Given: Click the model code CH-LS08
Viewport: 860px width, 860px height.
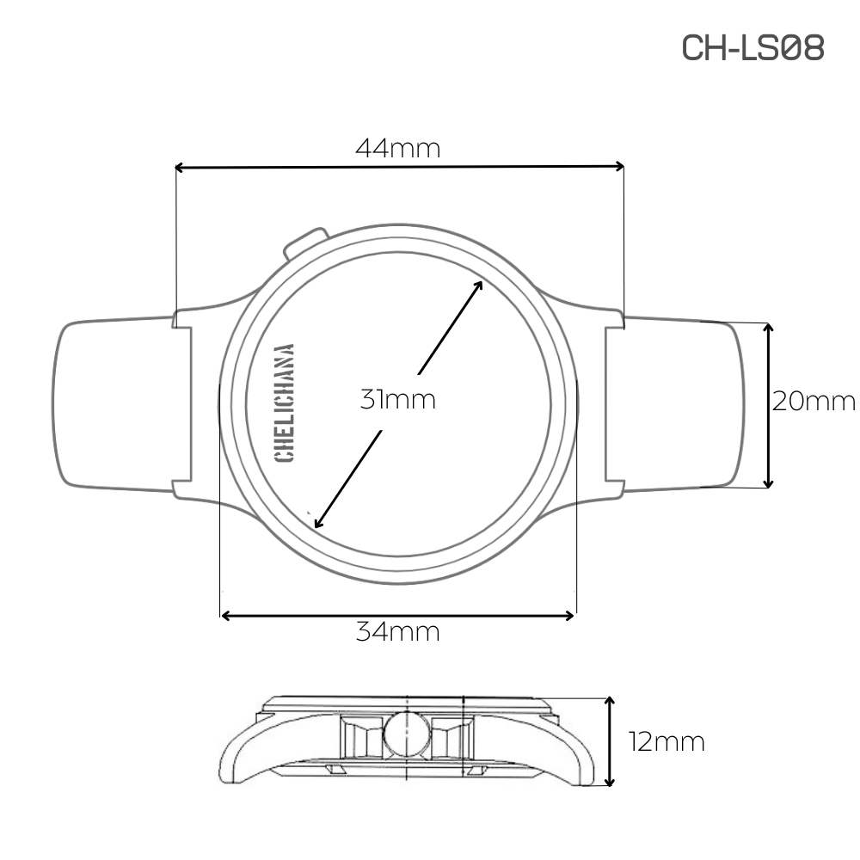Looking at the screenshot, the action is [752, 47].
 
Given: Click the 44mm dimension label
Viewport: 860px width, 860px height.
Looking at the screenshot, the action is [397, 149].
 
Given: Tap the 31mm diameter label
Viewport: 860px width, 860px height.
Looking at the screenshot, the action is [397, 400].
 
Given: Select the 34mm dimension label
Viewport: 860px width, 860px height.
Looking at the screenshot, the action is [397, 632].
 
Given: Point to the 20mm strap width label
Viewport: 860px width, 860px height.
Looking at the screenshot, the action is [814, 402].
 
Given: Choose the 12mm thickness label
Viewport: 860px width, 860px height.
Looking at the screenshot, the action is [666, 742].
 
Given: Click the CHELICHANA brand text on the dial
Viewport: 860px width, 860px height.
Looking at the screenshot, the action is [284, 403].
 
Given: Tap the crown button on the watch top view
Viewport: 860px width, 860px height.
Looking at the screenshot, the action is [304, 243].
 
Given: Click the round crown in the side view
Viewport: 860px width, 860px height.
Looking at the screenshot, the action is [407, 734].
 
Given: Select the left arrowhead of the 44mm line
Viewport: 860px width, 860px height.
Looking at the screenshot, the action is [179, 168].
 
